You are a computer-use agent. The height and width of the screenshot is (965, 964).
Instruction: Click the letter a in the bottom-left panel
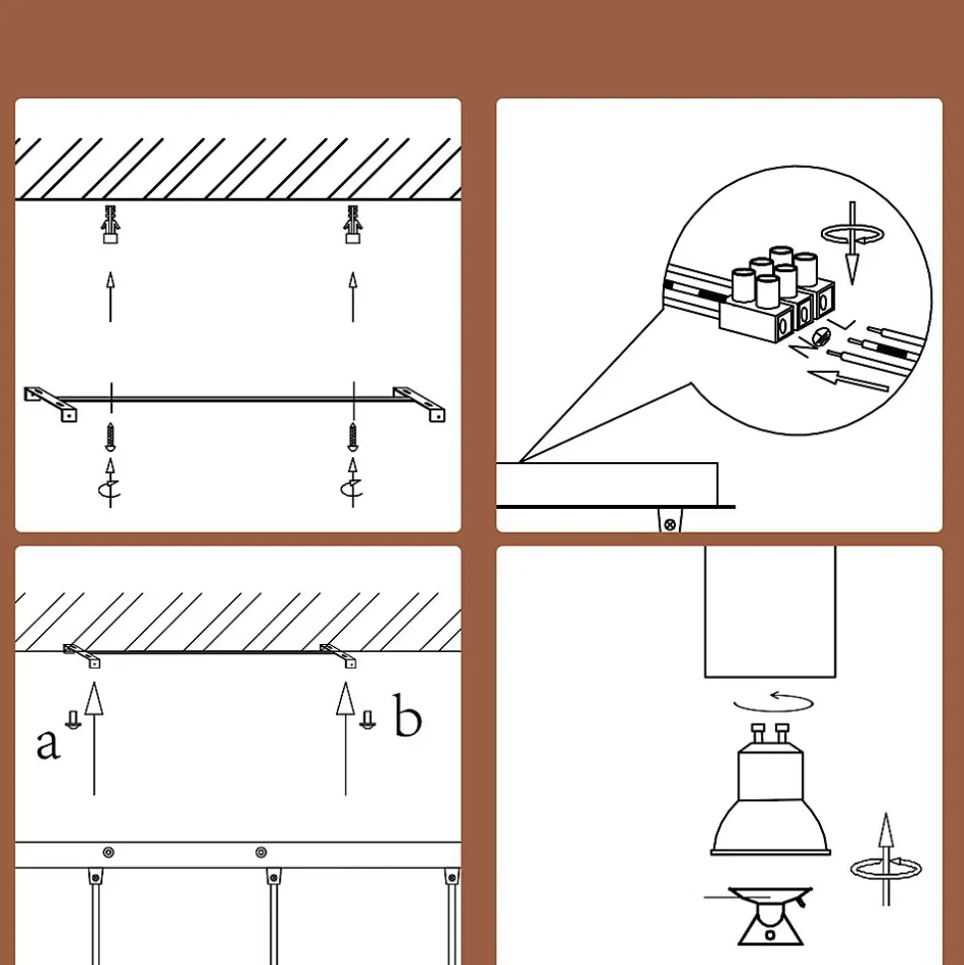coord(48,743)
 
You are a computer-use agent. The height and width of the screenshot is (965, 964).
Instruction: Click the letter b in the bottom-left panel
coord(407,715)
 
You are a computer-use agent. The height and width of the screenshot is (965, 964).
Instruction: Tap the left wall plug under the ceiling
coord(110,225)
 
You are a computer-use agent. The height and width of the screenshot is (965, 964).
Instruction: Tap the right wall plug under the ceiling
coord(353,225)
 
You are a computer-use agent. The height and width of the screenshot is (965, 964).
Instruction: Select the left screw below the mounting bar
coord(110,436)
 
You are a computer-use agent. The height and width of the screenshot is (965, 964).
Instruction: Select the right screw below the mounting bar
coord(353,436)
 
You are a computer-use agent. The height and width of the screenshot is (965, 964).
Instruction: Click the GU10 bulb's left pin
coord(757,732)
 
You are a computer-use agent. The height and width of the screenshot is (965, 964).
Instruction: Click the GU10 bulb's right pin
coord(782,732)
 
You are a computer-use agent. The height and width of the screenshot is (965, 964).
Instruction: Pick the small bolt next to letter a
coord(74,721)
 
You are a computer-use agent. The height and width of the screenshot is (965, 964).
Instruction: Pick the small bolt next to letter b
coord(368,721)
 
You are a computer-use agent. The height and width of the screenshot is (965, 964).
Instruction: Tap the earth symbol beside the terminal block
coord(822,337)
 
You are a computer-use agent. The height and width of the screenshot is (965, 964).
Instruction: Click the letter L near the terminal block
coord(842,324)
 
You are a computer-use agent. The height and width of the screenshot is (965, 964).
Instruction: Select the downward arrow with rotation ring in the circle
coord(853,242)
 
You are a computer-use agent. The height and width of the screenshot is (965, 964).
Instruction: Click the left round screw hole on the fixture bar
coord(108,853)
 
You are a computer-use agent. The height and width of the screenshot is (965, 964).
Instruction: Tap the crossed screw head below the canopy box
coord(671,525)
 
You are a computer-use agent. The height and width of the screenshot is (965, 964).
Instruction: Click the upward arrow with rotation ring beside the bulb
coord(885,860)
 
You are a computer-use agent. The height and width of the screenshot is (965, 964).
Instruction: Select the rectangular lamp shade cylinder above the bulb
coord(770,611)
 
